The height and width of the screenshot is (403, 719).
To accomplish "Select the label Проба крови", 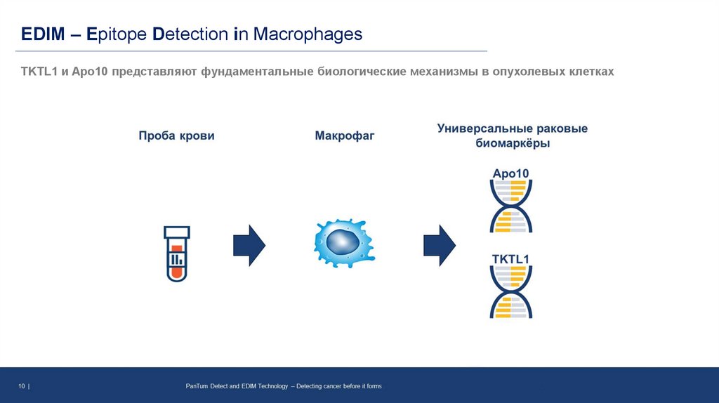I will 176,136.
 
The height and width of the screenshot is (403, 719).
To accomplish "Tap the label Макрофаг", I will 344,136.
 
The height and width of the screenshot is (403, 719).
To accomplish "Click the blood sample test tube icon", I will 177,253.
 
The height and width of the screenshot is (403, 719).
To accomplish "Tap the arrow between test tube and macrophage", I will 249,246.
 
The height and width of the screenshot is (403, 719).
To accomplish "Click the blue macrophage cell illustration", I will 343,243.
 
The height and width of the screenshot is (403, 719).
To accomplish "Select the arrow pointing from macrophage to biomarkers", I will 440,246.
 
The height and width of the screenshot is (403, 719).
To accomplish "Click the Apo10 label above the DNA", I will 510,173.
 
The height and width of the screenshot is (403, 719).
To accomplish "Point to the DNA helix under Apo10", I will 510,206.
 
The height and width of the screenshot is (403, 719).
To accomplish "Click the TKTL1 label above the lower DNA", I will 510,260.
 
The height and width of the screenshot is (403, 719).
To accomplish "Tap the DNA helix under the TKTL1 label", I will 510,293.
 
